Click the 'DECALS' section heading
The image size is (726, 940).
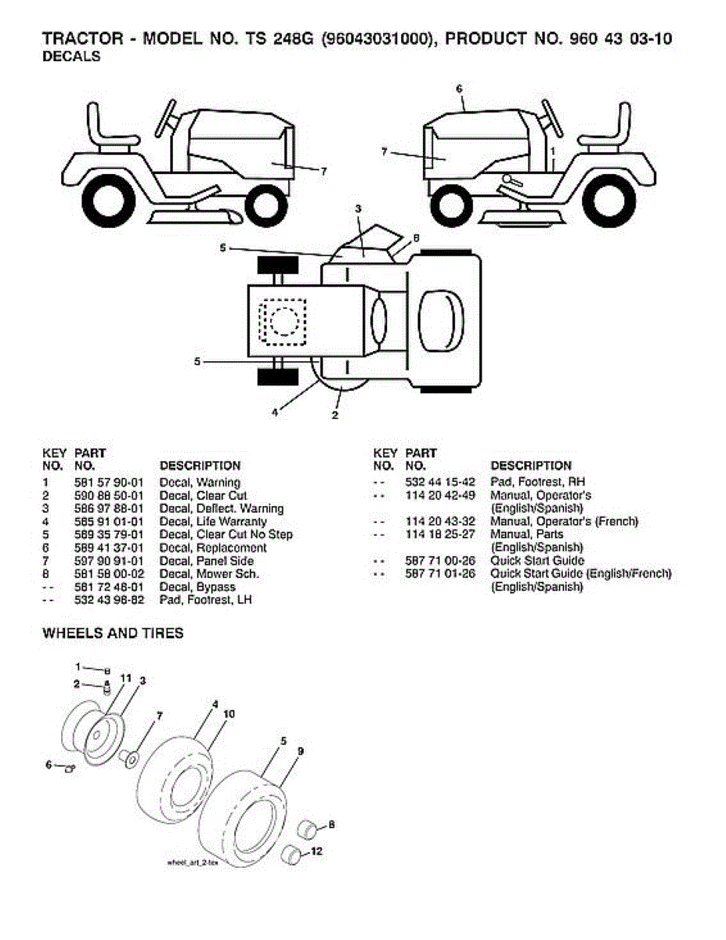coord(71,57)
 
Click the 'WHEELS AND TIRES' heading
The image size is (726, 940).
coord(113,633)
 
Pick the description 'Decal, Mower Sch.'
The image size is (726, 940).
coord(209,574)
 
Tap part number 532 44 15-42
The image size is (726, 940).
coord(440,482)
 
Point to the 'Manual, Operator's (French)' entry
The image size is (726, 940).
coord(564,522)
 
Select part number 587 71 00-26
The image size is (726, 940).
coord(440,561)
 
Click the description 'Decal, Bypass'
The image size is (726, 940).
coord(197,587)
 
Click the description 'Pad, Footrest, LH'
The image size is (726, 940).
coord(205,600)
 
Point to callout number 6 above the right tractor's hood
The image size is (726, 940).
coord(460,89)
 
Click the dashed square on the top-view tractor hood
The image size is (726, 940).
coord(284,322)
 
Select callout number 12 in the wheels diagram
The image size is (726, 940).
coord(316,851)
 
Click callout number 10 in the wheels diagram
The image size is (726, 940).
coord(229,714)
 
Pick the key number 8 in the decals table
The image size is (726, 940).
coord(47,574)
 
